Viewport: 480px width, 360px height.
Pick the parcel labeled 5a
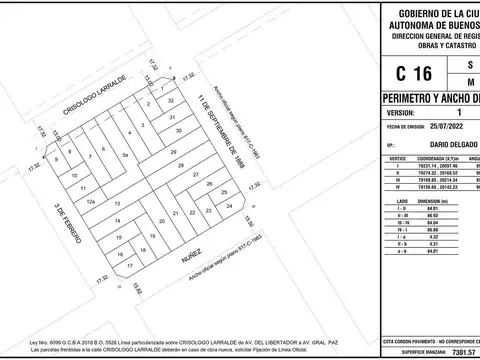click(x=125, y=157)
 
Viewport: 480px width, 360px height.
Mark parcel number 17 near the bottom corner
click(x=129, y=265)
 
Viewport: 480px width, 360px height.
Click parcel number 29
click(x=172, y=152)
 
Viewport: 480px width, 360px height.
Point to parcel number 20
click(x=162, y=222)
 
